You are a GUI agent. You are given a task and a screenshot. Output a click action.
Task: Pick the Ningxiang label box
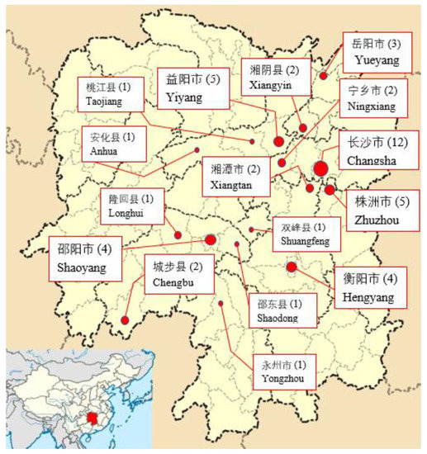(x=373, y=100)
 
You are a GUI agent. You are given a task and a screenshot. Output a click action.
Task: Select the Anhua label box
(x=115, y=145)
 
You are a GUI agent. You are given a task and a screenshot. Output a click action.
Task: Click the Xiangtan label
(x=234, y=177)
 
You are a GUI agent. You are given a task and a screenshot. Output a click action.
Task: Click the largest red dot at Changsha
(x=320, y=169)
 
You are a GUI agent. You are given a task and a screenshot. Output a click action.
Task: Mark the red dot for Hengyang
(x=292, y=267)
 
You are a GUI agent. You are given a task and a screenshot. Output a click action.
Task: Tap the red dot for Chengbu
(x=125, y=320)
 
